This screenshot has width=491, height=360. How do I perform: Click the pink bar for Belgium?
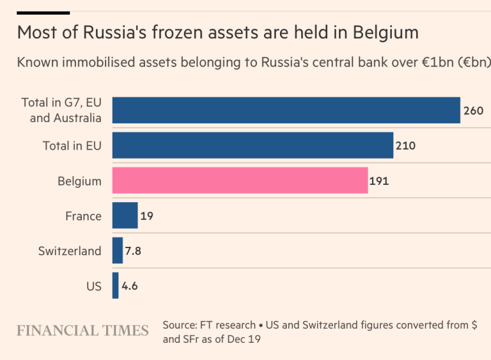[x=240, y=180]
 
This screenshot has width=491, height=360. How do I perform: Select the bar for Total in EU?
[x=253, y=145]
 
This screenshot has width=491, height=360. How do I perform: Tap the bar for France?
[x=125, y=215]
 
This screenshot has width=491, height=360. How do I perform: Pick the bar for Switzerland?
[x=118, y=251]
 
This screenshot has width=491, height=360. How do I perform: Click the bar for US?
[x=116, y=286]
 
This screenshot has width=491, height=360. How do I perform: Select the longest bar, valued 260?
[x=286, y=110]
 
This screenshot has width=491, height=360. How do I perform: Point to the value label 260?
[x=473, y=111]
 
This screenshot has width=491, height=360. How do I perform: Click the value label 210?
[x=405, y=146]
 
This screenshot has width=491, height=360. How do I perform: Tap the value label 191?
[x=379, y=181]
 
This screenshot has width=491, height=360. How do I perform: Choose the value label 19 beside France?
[x=146, y=216]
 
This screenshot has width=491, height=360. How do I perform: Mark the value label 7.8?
[x=133, y=251]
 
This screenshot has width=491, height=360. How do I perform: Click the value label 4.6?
[x=129, y=286]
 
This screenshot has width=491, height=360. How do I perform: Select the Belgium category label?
[x=79, y=181]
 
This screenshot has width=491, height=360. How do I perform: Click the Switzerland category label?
[x=70, y=251]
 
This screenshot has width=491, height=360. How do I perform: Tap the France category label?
[x=83, y=216]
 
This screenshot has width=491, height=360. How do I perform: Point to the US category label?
[x=94, y=286]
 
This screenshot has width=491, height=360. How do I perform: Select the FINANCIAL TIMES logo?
[x=82, y=331]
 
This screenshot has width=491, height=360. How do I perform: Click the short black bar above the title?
[x=43, y=12]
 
